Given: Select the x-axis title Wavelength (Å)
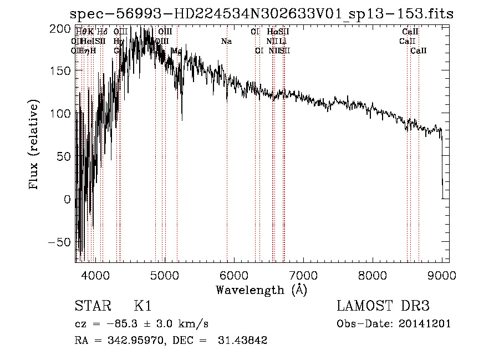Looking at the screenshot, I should click(262, 290).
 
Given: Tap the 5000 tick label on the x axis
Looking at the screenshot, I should click(165, 274).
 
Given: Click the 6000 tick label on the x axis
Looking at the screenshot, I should click(234, 274).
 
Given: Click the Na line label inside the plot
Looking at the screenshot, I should click(226, 42).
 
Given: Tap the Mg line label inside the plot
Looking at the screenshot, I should click(177, 51).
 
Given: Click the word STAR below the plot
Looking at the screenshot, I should click(92, 307).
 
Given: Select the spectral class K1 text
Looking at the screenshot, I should click(142, 307).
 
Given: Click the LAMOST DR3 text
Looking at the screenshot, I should click(383, 307).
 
